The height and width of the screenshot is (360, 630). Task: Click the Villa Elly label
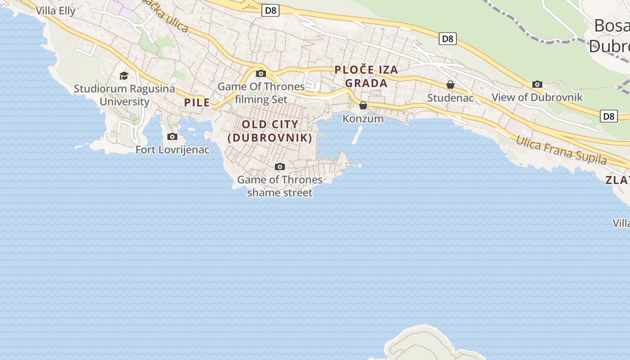coord(55,10)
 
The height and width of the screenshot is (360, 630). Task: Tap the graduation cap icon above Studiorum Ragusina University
coord(124,76)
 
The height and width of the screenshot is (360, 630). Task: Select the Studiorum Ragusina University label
coord(124,95)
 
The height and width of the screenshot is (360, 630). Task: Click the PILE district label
coord(197,103)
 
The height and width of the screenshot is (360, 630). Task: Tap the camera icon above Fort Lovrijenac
coord(172,136)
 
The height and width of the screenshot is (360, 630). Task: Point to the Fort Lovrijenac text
coord(172,149)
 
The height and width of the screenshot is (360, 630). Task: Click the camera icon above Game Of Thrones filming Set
coord(261,73)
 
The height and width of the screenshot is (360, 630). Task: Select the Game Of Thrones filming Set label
coord(261,93)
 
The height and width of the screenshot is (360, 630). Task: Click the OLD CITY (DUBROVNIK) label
coord(270,131)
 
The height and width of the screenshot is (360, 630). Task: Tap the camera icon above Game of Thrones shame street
coord(279,167)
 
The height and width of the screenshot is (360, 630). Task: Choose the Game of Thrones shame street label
coord(279,186)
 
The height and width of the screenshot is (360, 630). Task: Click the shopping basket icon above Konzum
coord(363,105)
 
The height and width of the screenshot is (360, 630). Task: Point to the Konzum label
coord(363,119)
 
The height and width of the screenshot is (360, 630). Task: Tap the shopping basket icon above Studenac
coord(450,85)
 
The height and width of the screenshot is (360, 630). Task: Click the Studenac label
coord(450,98)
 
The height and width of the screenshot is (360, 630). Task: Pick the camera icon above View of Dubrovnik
coord(537,84)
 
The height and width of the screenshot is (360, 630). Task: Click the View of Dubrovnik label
coord(537,97)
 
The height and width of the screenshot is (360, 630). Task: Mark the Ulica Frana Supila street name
coord(561,150)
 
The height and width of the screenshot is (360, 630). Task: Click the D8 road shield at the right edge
coord(608,116)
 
